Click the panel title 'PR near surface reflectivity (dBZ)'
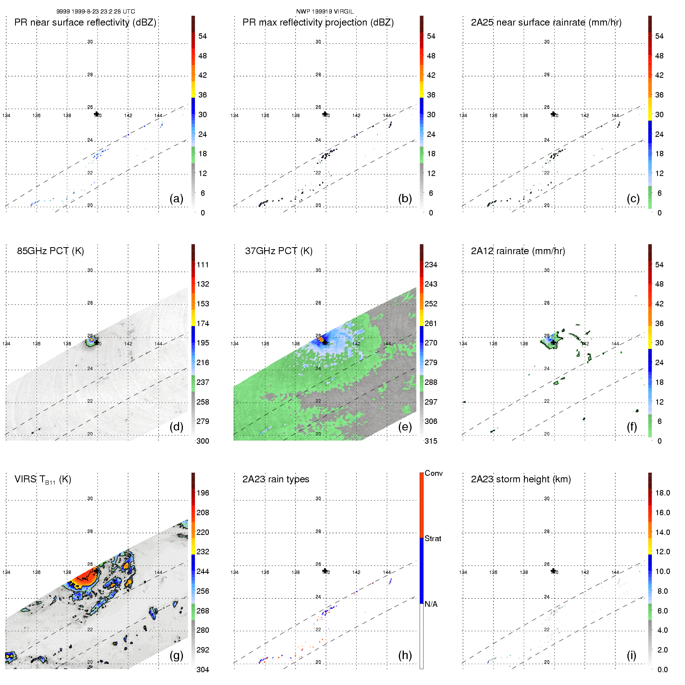[85, 22]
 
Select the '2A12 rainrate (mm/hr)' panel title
[518, 251]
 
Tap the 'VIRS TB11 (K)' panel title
[43, 480]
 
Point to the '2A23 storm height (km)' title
[521, 479]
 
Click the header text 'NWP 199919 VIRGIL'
[325, 12]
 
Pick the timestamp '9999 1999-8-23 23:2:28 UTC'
[96, 12]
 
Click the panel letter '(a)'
[176, 198]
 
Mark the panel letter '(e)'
[405, 427]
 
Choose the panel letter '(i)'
[631, 655]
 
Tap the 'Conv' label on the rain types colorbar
[434, 473]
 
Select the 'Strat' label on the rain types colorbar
[433, 538]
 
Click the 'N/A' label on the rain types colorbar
[431, 604]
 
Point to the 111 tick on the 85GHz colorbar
[203, 265]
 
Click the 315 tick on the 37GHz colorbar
[431, 441]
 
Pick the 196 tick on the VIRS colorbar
[203, 493]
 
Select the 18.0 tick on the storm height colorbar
[663, 493]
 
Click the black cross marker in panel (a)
[96, 114]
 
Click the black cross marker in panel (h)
[325, 571]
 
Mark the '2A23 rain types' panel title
[276, 479]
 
